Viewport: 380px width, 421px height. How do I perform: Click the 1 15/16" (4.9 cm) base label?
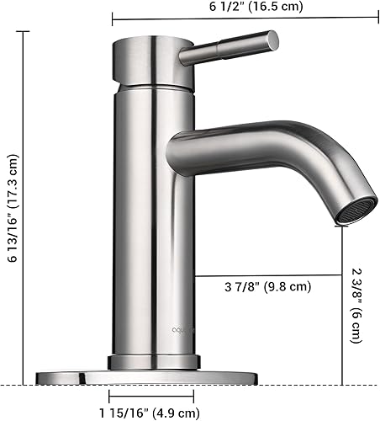click(x=148, y=412)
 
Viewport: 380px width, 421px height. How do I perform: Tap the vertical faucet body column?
click(x=153, y=219)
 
